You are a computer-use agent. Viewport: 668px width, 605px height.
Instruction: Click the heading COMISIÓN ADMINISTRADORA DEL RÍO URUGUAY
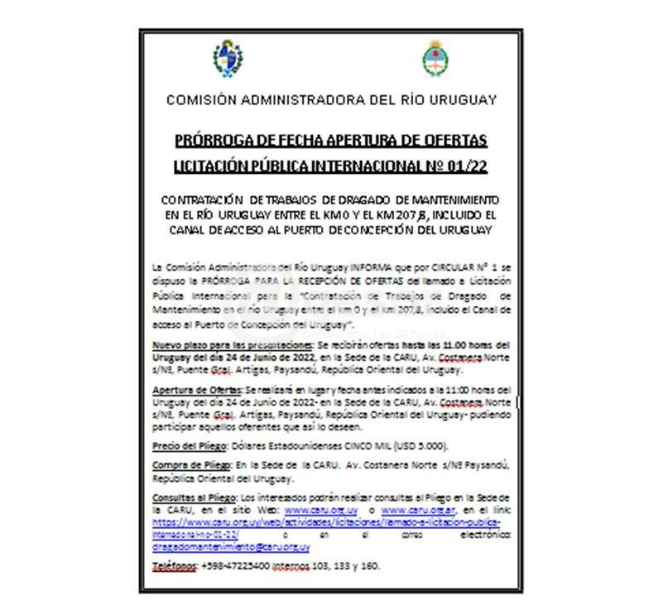pyautogui.click(x=331, y=100)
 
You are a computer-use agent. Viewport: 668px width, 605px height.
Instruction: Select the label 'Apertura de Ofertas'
pyautogui.click(x=197, y=389)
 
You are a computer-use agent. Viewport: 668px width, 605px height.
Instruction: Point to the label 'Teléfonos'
pyautogui.click(x=175, y=565)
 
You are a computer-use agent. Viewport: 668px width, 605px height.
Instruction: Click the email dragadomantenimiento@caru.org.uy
pyautogui.click(x=231, y=547)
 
